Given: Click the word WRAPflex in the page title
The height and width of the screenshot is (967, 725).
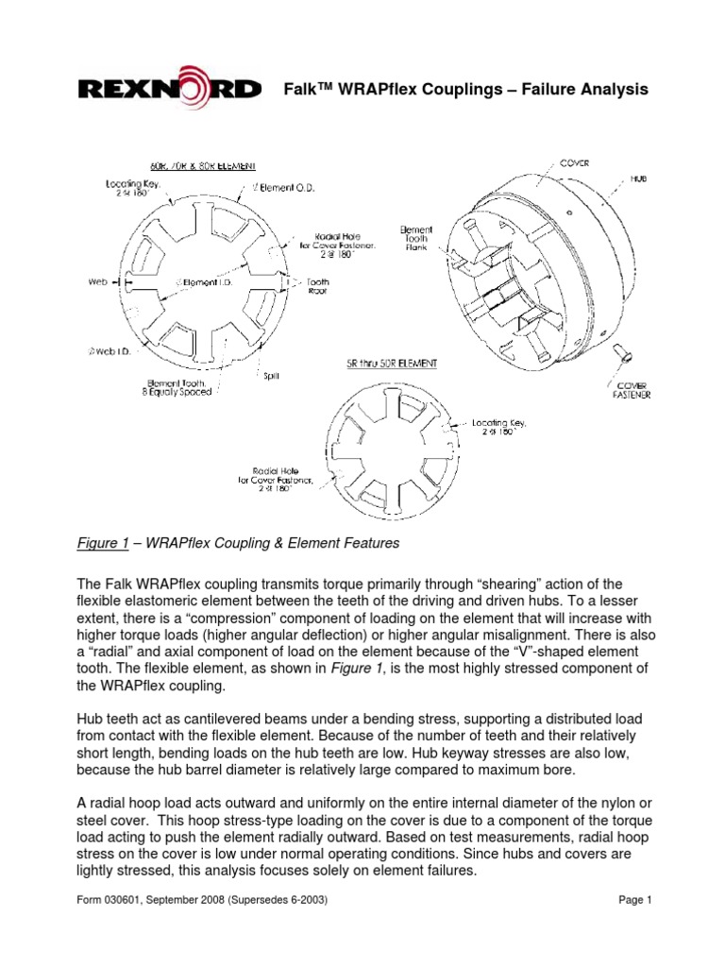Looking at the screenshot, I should click(372, 90).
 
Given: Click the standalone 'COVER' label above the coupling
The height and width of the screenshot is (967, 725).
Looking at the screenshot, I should click(574, 162).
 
